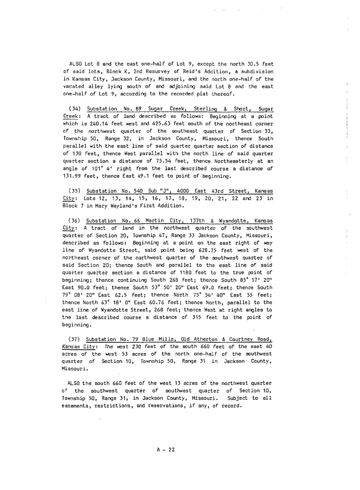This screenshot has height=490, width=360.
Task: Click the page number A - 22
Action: [166, 449]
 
